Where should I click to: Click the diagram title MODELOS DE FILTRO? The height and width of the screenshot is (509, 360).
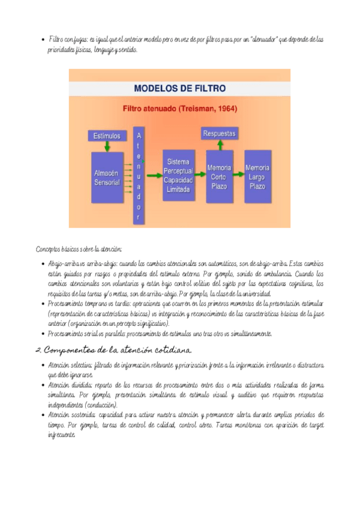click(179, 88)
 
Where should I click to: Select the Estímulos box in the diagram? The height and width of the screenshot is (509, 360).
click(107, 136)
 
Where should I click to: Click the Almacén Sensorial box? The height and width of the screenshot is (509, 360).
click(107, 177)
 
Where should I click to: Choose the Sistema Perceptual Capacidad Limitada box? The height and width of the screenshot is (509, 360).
click(179, 175)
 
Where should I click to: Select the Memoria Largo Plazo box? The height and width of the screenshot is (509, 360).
click(257, 177)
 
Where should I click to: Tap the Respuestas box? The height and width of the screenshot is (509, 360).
click(219, 133)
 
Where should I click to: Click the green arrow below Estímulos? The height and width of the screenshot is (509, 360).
click(107, 146)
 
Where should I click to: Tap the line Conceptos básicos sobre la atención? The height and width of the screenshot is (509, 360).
click(79, 248)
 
